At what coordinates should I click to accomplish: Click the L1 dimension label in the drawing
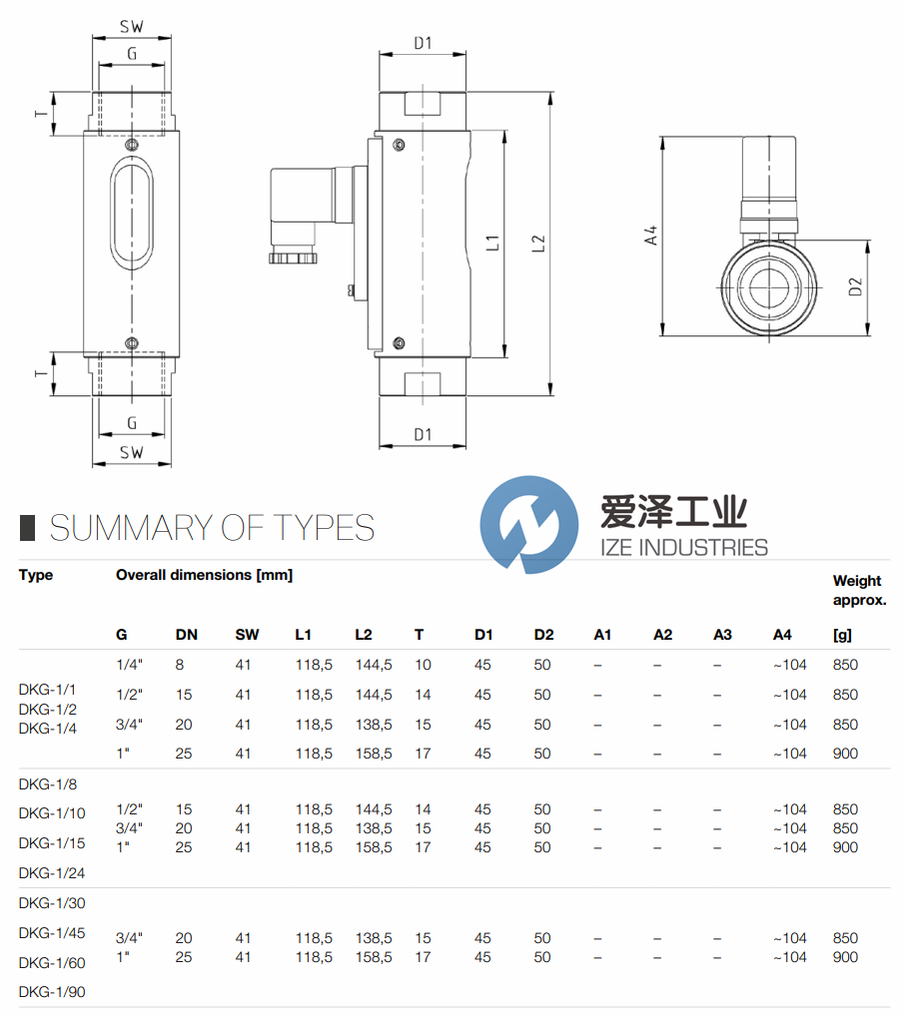click(493, 243)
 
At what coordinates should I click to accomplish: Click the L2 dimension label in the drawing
click(538, 244)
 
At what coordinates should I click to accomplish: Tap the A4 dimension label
click(651, 236)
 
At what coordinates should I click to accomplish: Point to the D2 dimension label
click(855, 286)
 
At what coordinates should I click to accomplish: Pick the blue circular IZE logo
click(528, 524)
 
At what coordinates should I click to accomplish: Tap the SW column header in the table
click(248, 635)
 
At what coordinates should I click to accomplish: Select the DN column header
click(187, 635)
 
